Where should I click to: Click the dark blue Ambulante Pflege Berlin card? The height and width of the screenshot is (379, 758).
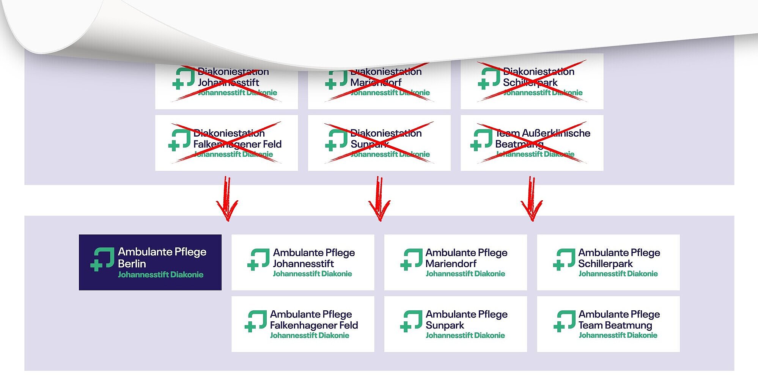(x=150, y=262)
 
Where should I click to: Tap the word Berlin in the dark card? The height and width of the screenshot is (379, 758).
(x=132, y=264)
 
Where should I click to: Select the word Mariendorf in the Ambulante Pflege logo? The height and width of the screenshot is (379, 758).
(x=451, y=264)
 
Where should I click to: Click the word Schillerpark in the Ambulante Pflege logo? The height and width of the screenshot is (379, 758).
(x=605, y=264)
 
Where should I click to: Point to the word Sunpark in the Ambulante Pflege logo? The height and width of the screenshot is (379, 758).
(x=445, y=326)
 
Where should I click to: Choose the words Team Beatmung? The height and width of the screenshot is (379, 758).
(x=615, y=326)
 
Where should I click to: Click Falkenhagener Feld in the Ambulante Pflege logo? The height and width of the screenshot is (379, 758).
(x=314, y=326)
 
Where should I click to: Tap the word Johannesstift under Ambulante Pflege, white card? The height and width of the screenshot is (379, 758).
(x=303, y=264)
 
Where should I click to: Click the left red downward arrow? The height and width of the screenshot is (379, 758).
(x=227, y=199)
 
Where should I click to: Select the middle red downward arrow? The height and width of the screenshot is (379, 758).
(x=379, y=199)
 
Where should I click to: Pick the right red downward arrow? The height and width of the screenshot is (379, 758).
(x=532, y=199)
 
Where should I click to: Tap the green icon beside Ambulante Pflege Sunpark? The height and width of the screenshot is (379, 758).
(x=411, y=321)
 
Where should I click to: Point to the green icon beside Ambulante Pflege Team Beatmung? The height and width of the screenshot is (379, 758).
(x=565, y=321)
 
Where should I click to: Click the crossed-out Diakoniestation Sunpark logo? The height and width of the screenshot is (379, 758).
(x=379, y=143)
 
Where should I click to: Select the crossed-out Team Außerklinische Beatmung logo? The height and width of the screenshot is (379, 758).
(x=532, y=143)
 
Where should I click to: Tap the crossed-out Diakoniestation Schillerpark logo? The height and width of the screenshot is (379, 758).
(x=532, y=82)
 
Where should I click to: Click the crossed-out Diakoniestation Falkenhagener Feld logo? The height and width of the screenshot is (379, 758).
(x=226, y=143)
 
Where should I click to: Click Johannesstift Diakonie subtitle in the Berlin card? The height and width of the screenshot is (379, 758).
(x=160, y=275)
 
